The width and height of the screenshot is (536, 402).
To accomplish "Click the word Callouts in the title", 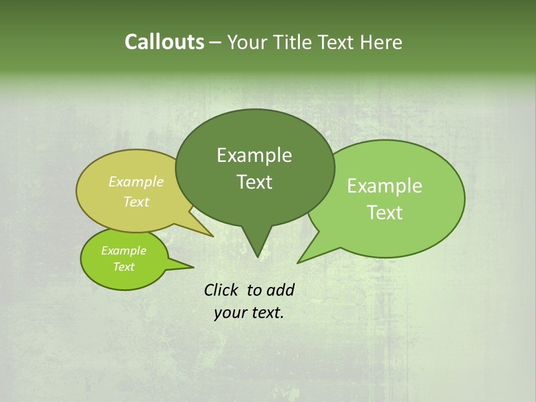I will click(164, 42).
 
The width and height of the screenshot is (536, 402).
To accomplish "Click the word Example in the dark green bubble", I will click(254, 155).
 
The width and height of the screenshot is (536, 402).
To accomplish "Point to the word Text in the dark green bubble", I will click(254, 182).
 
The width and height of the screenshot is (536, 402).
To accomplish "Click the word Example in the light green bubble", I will click(385, 186).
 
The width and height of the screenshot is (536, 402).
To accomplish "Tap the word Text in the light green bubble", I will click(385, 213).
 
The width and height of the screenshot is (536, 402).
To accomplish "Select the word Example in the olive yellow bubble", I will click(136, 181).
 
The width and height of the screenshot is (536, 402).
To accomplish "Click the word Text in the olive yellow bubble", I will click(136, 202).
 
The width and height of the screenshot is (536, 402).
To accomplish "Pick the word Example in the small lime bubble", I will click(123, 251).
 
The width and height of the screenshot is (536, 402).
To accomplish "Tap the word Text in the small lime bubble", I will click(123, 267).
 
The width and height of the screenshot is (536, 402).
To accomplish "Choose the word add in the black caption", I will click(280, 290).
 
